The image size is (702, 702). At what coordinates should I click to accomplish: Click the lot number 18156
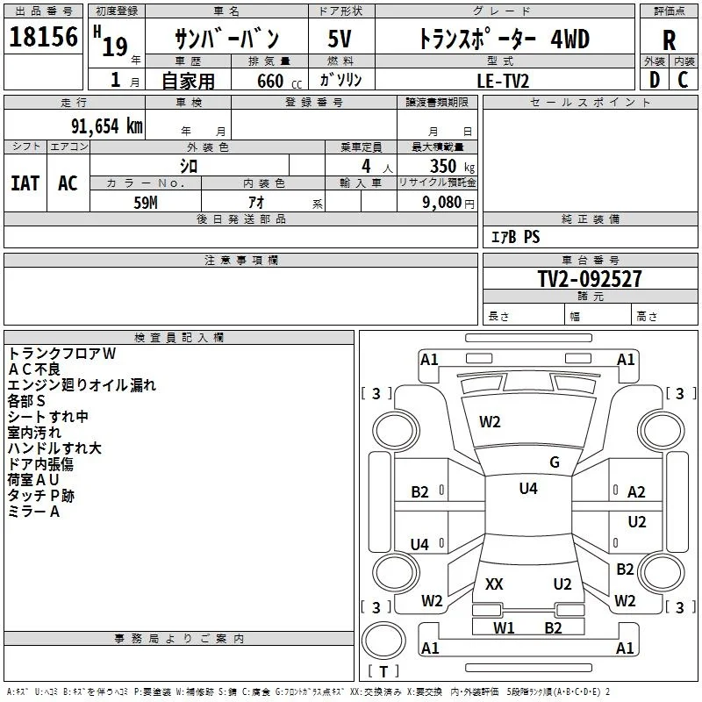(43, 37)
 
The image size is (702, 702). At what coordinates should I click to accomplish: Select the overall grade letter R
(669, 40)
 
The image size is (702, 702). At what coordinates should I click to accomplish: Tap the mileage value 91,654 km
(106, 126)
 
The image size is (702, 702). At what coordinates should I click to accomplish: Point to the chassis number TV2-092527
(590, 279)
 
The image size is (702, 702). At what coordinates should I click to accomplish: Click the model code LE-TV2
(503, 81)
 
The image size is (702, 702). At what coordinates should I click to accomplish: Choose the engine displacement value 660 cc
(279, 82)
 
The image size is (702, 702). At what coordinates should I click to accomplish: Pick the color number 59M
(146, 203)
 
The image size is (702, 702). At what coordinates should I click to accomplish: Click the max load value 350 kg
(452, 166)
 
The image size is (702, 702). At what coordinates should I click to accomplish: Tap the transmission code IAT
(25, 183)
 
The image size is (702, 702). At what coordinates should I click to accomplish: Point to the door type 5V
(340, 39)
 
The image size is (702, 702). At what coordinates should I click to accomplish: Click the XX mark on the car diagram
(494, 584)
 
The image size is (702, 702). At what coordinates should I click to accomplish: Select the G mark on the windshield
(555, 462)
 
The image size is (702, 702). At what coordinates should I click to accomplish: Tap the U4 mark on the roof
(528, 488)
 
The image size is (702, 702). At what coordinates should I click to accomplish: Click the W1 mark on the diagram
(504, 627)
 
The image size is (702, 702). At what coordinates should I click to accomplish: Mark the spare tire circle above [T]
(383, 640)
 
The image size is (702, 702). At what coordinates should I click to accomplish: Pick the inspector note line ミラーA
(33, 512)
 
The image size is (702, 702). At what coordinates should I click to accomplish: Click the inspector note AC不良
(34, 369)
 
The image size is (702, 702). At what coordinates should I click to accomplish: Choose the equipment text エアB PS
(515, 237)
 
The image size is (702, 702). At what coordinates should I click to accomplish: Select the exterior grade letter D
(655, 80)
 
